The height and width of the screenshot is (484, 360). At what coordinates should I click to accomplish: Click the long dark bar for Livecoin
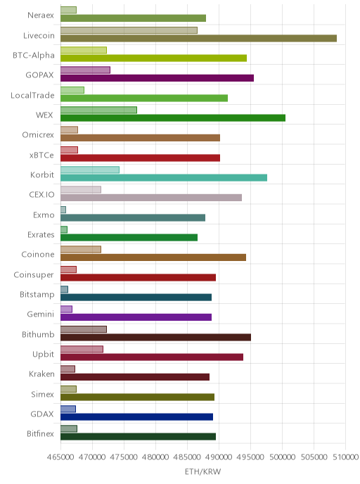pos(198,38)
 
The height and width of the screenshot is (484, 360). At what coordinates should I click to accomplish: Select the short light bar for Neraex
pos(68,10)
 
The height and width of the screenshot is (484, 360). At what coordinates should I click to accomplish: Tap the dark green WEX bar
pos(173,118)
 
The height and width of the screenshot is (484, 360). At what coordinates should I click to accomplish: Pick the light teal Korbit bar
pos(90,170)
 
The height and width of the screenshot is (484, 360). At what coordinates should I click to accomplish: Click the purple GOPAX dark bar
pos(157,78)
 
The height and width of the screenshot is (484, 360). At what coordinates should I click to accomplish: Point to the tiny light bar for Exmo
pos(63,210)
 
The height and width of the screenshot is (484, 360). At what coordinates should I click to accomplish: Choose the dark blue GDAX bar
pos(136,417)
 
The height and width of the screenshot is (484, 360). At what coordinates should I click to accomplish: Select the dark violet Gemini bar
pos(136,317)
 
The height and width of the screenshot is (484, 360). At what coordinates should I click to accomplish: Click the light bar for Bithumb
pos(84,329)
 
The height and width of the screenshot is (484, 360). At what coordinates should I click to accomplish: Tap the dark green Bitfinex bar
pos(139,437)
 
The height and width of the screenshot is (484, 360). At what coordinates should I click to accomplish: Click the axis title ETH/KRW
pos(202,471)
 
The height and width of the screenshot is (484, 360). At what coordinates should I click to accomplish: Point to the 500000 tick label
pos(282,457)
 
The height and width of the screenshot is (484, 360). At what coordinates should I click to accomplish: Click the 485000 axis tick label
pos(187,457)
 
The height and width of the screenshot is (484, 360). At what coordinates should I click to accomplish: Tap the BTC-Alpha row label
pos(34,56)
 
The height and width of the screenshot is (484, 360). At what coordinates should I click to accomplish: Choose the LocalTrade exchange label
pos(32,96)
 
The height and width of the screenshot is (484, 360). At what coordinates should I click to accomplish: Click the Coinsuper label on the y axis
pos(34,275)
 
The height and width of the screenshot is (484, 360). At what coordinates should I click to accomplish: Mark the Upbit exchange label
pos(43,355)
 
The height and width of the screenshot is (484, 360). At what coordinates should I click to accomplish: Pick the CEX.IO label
pos(41,195)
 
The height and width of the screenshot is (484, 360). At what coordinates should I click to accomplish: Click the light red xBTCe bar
pos(69,150)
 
